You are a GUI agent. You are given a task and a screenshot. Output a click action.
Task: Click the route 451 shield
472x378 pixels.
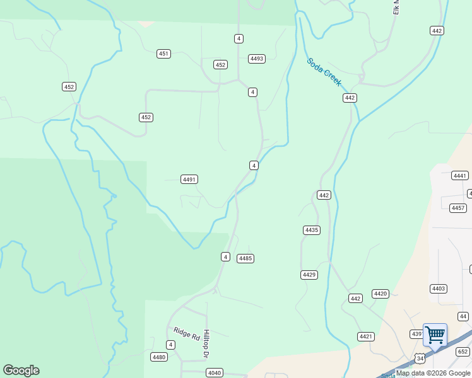pyautogui.click(x=163, y=54)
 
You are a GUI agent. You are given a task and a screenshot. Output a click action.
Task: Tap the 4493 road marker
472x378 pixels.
pyautogui.click(x=257, y=59)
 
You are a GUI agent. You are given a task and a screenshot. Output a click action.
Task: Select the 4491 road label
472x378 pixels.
pyautogui.click(x=189, y=180)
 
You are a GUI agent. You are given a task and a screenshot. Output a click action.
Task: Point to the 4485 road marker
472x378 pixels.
pyautogui.click(x=245, y=258)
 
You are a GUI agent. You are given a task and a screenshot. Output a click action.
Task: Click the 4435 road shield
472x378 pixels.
pyautogui.click(x=311, y=230)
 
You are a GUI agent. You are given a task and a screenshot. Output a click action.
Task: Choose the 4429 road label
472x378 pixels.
pyautogui.click(x=309, y=275)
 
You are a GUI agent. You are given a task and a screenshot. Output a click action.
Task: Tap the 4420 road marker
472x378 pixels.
pyautogui.click(x=381, y=294)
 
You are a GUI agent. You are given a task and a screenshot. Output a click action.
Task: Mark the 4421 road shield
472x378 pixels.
pyautogui.click(x=365, y=336)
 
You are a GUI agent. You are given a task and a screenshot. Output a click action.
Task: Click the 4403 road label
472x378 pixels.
pyautogui.click(x=439, y=289)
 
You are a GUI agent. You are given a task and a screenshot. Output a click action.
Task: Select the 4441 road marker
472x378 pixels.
pyautogui.click(x=460, y=176)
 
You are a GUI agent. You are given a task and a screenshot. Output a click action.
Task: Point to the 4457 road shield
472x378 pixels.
pyautogui.click(x=458, y=208)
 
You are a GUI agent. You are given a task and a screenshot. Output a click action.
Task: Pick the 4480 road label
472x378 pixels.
pyautogui.click(x=159, y=357)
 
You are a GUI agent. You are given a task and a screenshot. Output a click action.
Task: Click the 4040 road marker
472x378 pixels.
pyautogui.click(x=214, y=373)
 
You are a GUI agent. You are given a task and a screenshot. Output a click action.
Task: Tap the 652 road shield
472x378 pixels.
pyautogui.click(x=463, y=352)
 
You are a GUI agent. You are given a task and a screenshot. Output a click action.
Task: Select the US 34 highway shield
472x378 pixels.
pyautogui.click(x=420, y=358)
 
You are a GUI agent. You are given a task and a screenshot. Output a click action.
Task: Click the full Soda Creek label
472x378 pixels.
pyautogui.click(x=324, y=72)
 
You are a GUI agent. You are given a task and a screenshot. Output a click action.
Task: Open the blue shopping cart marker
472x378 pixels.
pyautogui.click(x=435, y=335)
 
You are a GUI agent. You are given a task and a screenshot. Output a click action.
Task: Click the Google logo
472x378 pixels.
pyautogui.click(x=21, y=370)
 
